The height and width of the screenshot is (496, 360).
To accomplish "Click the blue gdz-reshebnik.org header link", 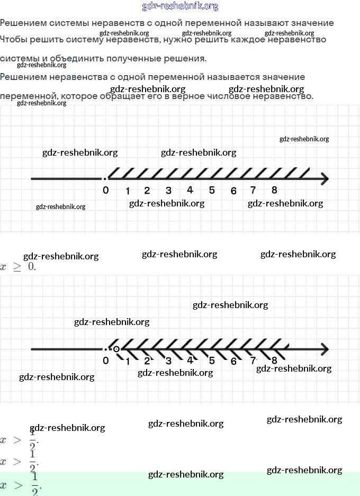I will coord(180,6).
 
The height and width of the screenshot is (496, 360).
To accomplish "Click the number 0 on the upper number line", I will coord(106,190).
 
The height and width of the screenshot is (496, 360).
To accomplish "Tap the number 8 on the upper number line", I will coord(274,190).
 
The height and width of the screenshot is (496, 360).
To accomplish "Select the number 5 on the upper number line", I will coord(212,191).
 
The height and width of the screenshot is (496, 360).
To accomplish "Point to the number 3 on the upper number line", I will coord(168,191).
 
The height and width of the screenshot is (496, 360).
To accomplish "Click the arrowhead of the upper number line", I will coord(324,179).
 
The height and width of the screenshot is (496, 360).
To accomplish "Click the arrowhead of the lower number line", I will coord(324,349).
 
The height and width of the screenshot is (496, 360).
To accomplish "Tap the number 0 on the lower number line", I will coord(106,360).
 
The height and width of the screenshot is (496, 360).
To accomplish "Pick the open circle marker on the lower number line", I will coord(116,349).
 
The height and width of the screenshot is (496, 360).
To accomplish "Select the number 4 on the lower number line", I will coord(190,360).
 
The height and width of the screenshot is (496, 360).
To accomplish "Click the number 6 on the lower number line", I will coord(233,362).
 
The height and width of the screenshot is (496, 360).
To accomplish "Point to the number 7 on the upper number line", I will coord(253,191).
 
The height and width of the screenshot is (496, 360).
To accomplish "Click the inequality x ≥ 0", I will coord(18,267).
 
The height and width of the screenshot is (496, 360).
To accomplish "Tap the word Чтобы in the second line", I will coord(14,40).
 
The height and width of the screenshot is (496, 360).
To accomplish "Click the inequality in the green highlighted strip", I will coord(21,485).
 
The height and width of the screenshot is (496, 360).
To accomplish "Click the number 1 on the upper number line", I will coord(127,191).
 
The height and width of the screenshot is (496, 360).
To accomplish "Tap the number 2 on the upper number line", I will coord(147,191).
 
